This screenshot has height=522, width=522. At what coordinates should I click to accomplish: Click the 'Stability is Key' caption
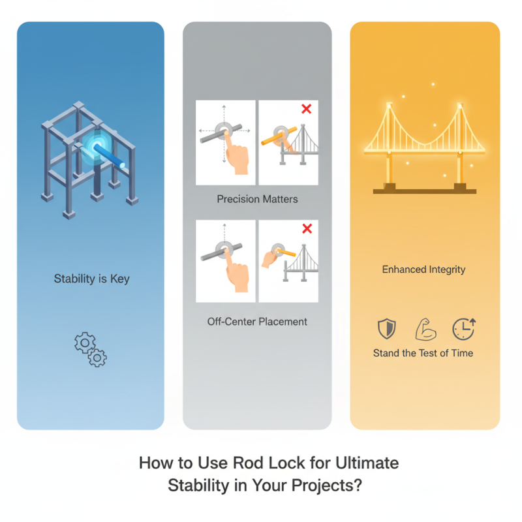point(91,279)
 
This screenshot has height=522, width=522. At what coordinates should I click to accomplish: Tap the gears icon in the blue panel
point(91,348)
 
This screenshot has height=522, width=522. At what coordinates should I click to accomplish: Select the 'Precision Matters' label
point(256,198)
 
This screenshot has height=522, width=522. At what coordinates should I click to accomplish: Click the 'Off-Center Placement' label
point(257,321)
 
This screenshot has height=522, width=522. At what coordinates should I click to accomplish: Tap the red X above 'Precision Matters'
point(306,109)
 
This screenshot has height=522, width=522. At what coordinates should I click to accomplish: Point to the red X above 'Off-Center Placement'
point(306,228)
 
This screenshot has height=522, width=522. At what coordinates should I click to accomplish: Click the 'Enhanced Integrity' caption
point(423,269)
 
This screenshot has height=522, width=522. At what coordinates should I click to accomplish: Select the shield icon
point(387,330)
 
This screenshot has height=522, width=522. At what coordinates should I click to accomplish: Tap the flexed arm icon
point(425,330)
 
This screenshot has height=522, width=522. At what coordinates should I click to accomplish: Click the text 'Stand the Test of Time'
point(423,353)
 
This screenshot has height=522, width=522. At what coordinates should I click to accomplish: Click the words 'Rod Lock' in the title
point(253,463)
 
